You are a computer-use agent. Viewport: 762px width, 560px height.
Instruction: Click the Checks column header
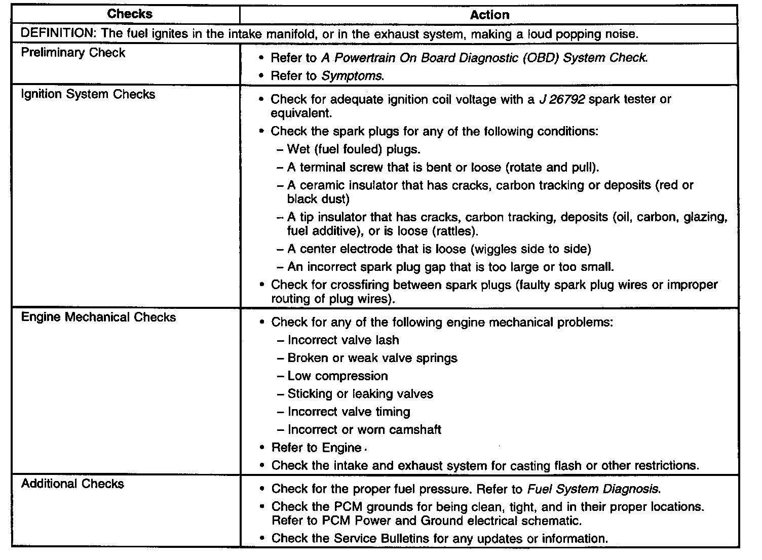coord(130,14)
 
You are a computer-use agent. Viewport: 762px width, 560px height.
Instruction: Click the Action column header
coord(489,15)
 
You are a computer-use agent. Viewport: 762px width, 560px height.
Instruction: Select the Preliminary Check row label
coord(73,53)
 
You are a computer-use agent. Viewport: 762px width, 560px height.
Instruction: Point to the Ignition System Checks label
coord(88,94)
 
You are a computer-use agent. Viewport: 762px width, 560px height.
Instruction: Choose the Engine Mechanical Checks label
coord(98,317)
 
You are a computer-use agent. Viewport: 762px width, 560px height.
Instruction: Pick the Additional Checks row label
coord(72,484)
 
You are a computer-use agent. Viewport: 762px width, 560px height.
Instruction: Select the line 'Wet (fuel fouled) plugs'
coord(354,149)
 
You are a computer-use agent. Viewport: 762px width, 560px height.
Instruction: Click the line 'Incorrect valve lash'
coord(343,340)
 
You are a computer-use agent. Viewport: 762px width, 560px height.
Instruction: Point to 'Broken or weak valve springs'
coord(372,358)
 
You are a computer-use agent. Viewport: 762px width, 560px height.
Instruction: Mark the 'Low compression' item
coord(337,376)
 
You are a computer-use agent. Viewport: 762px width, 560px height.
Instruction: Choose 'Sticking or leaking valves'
coord(360,394)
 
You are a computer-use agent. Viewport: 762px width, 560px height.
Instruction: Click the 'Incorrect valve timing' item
coord(349,412)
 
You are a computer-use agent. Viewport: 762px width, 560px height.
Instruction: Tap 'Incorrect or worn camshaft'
coord(364,430)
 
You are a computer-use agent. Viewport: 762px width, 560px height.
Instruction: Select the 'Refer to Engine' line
coord(316,448)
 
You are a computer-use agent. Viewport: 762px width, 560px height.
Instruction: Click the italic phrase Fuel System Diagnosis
coord(594,489)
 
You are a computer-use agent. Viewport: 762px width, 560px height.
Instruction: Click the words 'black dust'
coord(317,199)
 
